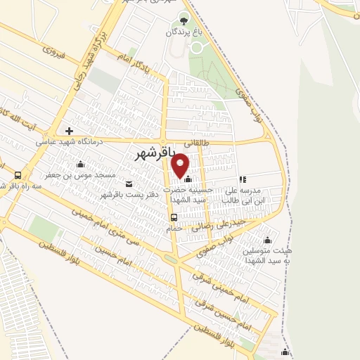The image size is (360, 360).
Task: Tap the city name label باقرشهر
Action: click(153, 152)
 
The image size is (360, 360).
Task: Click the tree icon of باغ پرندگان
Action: click(184, 20)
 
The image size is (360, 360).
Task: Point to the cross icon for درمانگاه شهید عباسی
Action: click(69, 131)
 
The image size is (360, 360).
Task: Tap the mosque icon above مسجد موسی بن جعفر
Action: click(79, 164)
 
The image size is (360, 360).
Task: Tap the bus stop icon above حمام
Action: click(174, 217)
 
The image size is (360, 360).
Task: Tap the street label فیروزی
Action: click(53, 52)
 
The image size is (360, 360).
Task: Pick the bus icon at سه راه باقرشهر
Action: click(18, 175)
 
